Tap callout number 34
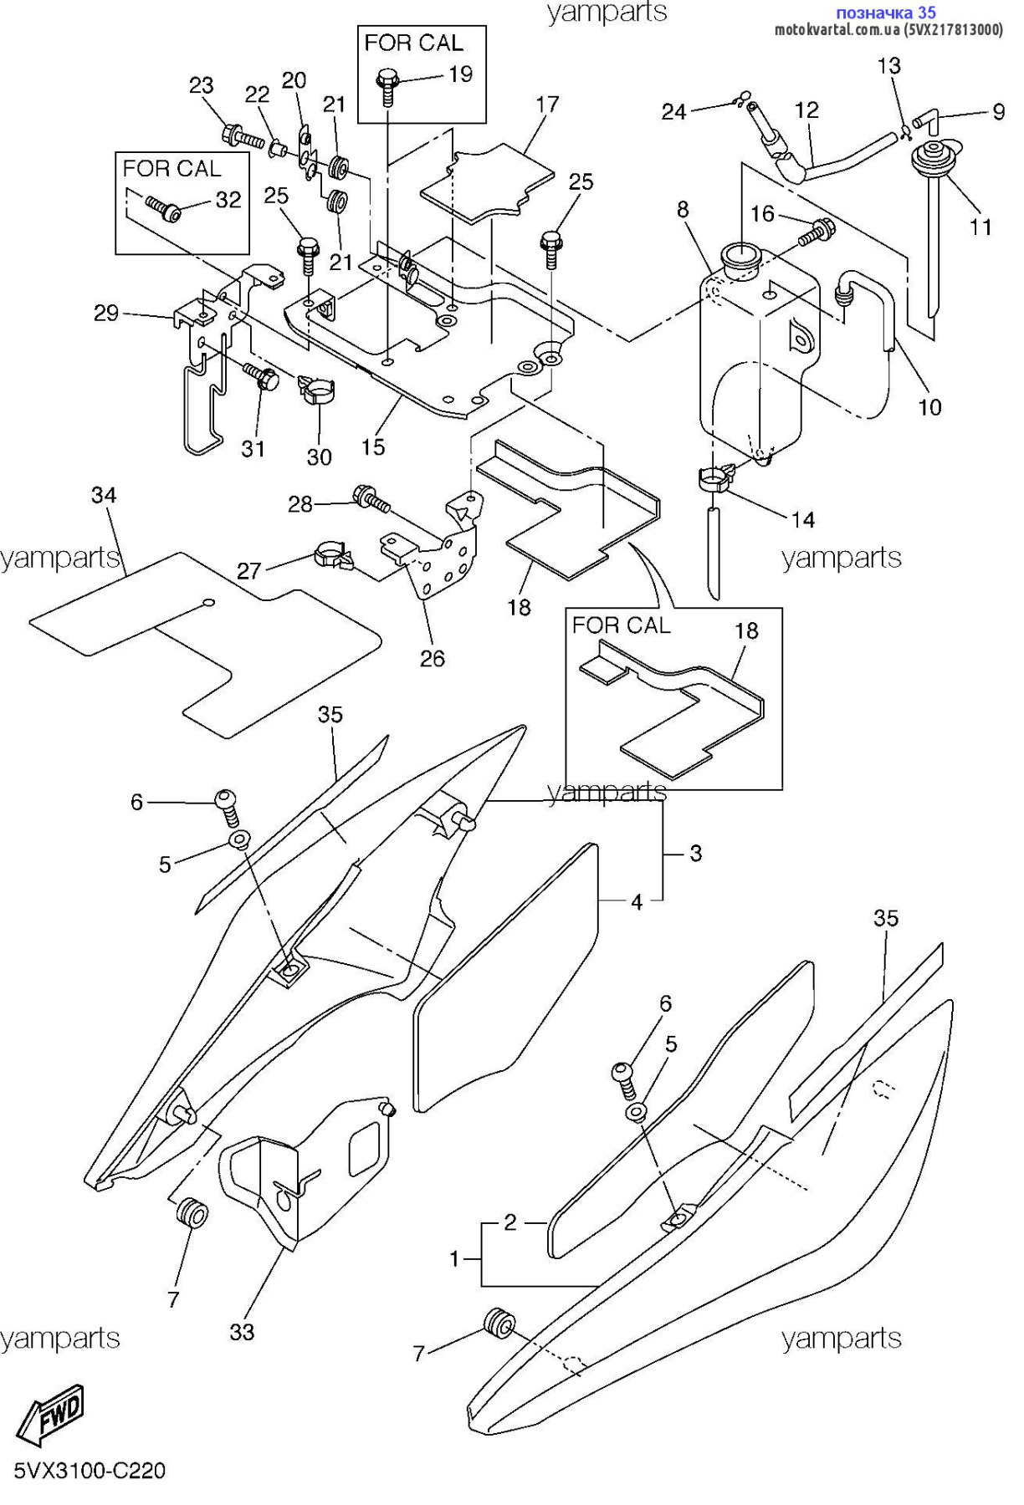[x=104, y=495]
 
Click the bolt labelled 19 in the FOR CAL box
[x=387, y=84]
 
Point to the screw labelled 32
[x=165, y=207]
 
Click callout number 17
[x=547, y=105]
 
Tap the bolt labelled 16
[x=816, y=229]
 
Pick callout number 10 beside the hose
[x=929, y=407]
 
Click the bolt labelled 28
[x=370, y=498]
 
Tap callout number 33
[x=242, y=1331]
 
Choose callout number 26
[x=432, y=659]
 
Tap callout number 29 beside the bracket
[x=106, y=314]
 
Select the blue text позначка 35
[x=886, y=13]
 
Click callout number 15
[x=373, y=446]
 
